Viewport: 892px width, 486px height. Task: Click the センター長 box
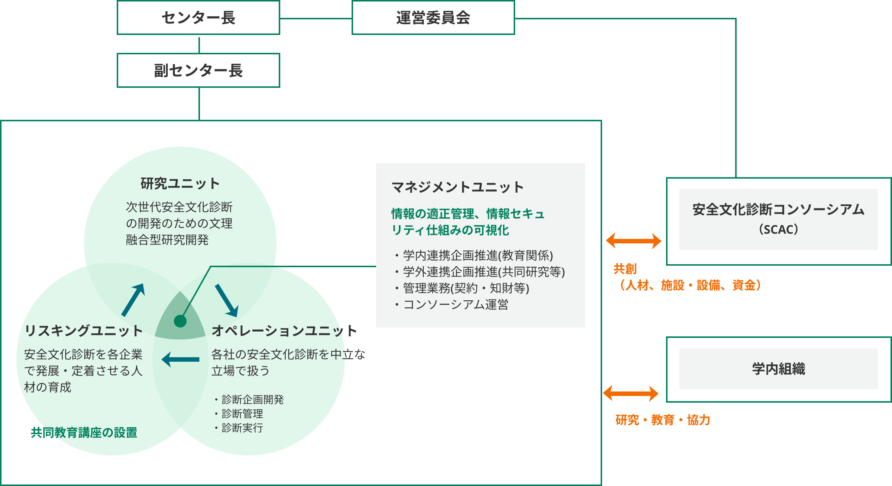[x=198, y=18]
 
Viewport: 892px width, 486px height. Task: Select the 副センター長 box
[x=198, y=71]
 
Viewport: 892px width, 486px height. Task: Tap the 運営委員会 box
[x=433, y=18]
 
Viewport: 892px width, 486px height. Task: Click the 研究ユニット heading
[x=180, y=183]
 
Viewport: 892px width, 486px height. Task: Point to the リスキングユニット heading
[x=84, y=330]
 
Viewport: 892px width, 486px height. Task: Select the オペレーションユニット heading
[x=284, y=330]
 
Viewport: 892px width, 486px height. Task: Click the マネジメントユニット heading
[x=458, y=187]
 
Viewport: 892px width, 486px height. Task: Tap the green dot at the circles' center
[x=180, y=321]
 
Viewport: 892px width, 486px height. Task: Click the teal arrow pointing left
[x=181, y=359]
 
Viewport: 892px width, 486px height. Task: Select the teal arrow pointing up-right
[x=133, y=300]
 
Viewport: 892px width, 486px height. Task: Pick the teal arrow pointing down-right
[x=227, y=300]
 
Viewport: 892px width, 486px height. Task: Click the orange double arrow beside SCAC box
[x=634, y=241]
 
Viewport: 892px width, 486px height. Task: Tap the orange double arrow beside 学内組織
[x=631, y=393]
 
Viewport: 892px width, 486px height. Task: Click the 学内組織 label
[x=779, y=369]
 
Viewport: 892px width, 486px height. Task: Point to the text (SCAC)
[x=779, y=229]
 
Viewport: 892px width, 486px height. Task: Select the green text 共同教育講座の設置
[x=84, y=432]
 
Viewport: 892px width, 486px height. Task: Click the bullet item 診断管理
[x=242, y=413]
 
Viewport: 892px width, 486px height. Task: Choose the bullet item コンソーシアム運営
[x=456, y=304]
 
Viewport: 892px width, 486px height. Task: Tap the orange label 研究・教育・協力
[x=663, y=420]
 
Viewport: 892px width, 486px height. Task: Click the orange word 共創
[x=625, y=269]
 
